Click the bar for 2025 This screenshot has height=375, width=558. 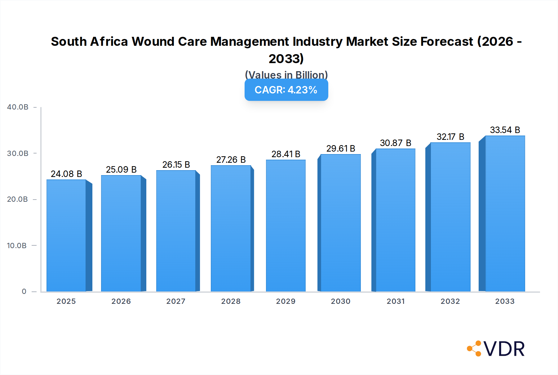point(66,235)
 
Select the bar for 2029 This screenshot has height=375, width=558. point(286,226)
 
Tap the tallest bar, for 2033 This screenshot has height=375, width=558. point(505,213)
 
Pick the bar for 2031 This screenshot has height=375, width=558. point(395,220)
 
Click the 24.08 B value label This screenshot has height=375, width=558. point(66,174)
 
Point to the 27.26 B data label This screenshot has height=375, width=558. point(231,160)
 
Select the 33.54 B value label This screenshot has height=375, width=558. point(505,130)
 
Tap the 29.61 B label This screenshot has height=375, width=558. point(340,149)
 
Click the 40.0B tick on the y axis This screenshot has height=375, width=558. point(18,107)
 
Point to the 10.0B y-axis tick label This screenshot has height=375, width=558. point(17,246)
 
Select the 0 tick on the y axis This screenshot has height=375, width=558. point(24,291)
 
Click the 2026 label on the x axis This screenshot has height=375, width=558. point(121,301)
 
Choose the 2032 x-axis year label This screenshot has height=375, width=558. point(450,301)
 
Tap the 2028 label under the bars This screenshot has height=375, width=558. point(231,301)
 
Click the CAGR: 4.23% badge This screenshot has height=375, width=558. point(286,90)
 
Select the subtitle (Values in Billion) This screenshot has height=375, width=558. point(286,75)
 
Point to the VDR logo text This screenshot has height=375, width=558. point(504,349)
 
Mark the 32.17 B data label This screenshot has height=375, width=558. point(450,137)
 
